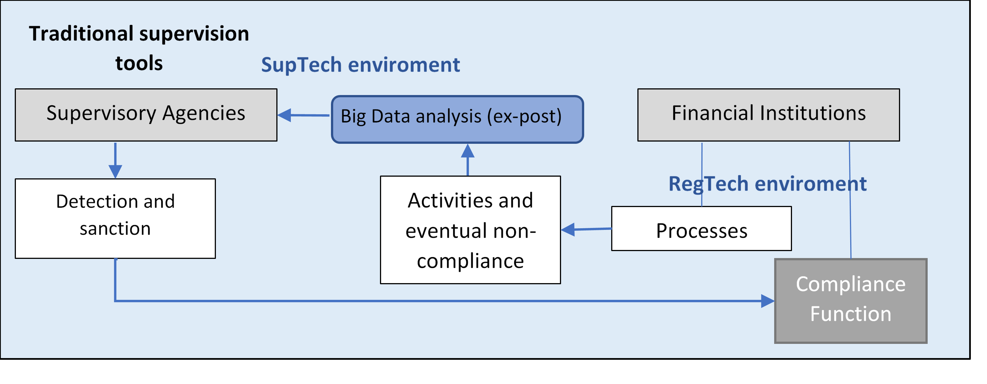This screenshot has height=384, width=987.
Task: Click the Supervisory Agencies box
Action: pos(146,115)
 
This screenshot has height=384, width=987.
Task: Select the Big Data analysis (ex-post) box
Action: pos(457,120)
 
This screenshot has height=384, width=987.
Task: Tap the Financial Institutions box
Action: pos(769,115)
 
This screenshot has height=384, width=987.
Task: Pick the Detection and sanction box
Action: pos(115,218)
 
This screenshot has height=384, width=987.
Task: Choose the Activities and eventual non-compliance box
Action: pos(471,230)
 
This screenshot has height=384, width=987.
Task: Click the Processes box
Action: pos(701,229)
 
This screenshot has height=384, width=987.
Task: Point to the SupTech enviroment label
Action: pos(360,64)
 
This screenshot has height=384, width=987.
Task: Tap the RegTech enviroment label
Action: pos(767,184)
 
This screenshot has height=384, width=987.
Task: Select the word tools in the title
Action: pos(139,63)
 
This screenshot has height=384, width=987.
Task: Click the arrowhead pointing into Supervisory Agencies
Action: pos(285,115)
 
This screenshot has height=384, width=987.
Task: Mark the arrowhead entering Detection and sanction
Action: pos(115,172)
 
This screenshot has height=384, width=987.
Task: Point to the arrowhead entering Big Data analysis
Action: pos(468,150)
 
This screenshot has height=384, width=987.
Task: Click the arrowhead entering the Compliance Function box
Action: pos(768,301)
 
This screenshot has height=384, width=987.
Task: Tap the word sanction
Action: pos(115,229)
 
